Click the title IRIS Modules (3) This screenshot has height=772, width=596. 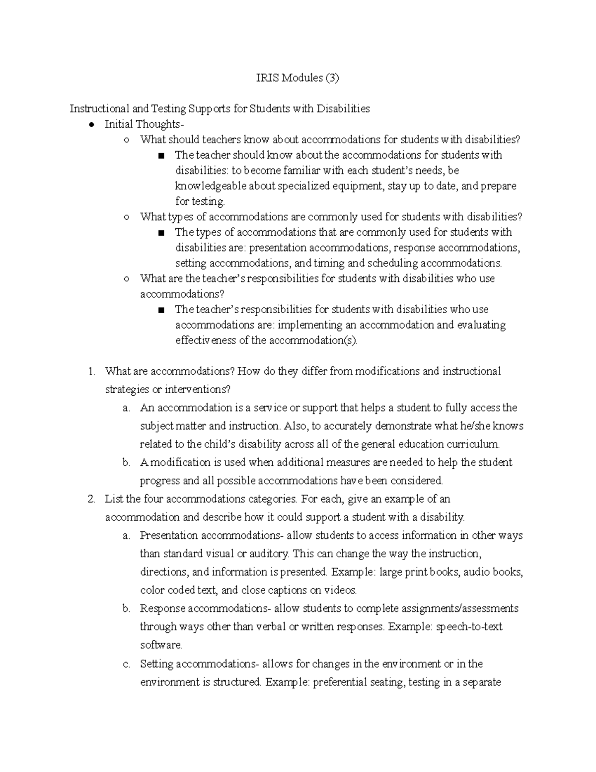point(298,78)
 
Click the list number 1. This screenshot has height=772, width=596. point(90,371)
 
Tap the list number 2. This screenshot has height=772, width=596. point(90,499)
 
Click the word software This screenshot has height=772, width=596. point(161,645)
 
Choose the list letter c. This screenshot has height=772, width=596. point(126,664)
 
